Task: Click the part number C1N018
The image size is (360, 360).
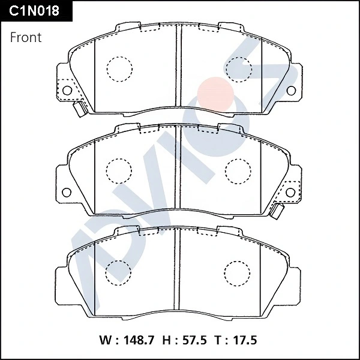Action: [x=34, y=11]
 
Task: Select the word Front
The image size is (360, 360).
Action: [x=26, y=37]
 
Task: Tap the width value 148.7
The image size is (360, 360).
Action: [x=139, y=340]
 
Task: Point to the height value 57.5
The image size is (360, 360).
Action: [x=194, y=340]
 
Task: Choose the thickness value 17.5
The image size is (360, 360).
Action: [x=245, y=340]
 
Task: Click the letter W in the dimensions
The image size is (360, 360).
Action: [x=106, y=340]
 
